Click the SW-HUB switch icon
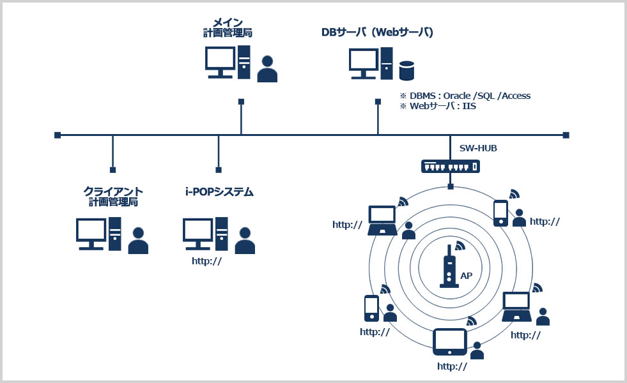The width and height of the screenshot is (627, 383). (450, 166)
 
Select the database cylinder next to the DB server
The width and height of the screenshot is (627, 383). (406, 71)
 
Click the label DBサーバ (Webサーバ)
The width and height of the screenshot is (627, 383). (377, 33)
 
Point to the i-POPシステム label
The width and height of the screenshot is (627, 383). (219, 192)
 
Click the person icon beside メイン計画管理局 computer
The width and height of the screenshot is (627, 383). (267, 69)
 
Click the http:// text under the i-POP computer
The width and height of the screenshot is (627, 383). (206, 261)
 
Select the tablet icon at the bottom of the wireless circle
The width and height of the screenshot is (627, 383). (450, 342)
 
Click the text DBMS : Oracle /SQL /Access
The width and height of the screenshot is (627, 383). (470, 96)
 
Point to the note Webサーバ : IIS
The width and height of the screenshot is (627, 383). (443, 106)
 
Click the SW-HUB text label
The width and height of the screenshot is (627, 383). (478, 148)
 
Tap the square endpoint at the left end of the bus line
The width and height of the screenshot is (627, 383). (57, 135)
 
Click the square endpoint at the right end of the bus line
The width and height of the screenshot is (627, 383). (566, 135)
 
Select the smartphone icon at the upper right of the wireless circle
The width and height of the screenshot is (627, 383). (500, 213)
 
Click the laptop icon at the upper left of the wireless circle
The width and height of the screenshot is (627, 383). (382, 220)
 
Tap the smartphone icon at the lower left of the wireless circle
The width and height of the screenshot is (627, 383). (371, 308)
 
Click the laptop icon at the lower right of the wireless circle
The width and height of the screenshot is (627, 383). (516, 306)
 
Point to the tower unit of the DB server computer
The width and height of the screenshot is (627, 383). (387, 63)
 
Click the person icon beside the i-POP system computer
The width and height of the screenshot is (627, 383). (245, 241)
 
